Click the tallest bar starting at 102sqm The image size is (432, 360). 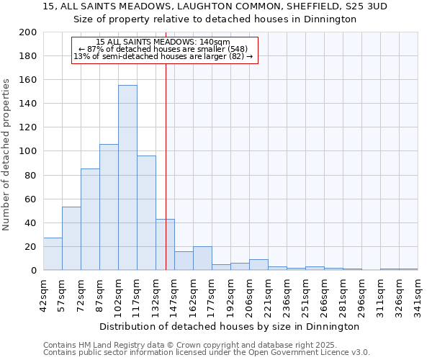pyautogui.click(x=127, y=178)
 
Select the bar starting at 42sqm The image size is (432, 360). pyautogui.click(x=53, y=254)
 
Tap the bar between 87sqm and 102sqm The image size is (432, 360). pyautogui.click(x=109, y=207)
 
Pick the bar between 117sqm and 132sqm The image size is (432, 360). pyautogui.click(x=146, y=213)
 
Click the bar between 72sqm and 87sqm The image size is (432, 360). pyautogui.click(x=90, y=220)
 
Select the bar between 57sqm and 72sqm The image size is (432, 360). pyautogui.click(x=71, y=238)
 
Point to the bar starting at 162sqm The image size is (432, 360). pyautogui.click(x=202, y=258)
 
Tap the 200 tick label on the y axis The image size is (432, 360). pyautogui.click(x=28, y=32)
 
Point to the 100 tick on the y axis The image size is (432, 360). pyautogui.click(x=28, y=151)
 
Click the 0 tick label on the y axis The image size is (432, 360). pyautogui.click(x=33, y=271)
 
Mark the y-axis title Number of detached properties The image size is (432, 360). pyautogui.click(x=6, y=151)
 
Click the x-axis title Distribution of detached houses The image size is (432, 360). pyautogui.click(x=230, y=326)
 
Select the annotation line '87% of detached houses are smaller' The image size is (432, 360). pyautogui.click(x=163, y=49)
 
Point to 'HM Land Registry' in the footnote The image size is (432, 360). pyautogui.click(x=110, y=345)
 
